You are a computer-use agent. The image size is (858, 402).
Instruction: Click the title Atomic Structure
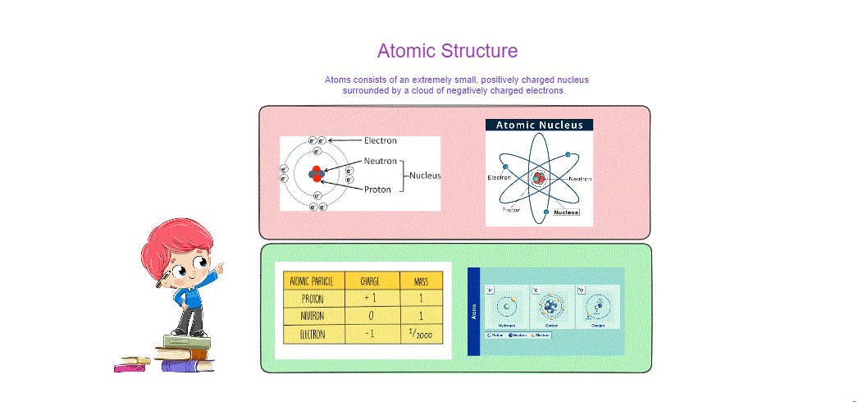(x=447, y=51)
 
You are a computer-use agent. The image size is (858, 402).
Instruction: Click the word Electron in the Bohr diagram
(x=381, y=140)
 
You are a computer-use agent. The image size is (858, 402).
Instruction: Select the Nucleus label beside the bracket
(x=426, y=175)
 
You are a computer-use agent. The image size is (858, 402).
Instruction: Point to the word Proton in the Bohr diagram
(x=379, y=189)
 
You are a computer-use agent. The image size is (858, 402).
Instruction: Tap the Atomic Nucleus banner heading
(x=539, y=126)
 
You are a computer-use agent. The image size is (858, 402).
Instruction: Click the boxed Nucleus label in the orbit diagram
(x=566, y=212)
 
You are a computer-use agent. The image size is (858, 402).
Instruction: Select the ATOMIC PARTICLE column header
(x=314, y=281)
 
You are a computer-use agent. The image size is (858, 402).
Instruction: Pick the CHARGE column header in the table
(x=372, y=281)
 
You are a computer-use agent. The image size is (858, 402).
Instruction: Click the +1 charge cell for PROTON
(x=372, y=299)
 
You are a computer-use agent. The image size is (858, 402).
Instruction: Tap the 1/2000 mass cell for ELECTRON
(x=421, y=334)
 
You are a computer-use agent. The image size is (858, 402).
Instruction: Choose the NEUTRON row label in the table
(x=314, y=316)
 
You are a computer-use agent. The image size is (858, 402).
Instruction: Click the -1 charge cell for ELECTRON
(x=372, y=334)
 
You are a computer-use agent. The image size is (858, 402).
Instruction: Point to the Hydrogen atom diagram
(x=509, y=307)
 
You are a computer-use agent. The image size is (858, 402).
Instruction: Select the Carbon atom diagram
(x=553, y=307)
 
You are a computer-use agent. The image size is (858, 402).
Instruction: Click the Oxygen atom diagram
(x=598, y=307)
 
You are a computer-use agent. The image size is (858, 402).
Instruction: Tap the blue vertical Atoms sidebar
(x=473, y=312)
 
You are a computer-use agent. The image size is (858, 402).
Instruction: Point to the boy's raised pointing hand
(x=218, y=268)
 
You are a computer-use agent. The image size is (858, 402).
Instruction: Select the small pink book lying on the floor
(x=129, y=368)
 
